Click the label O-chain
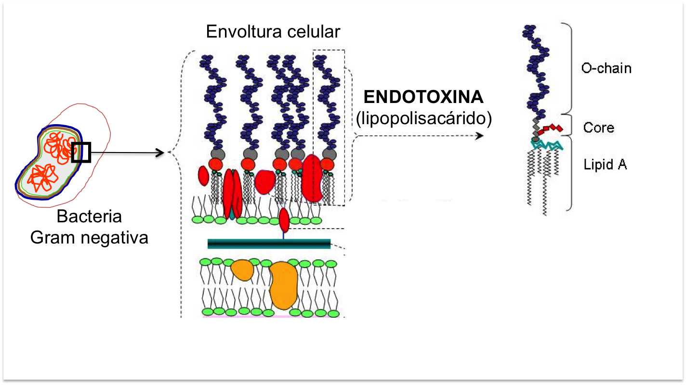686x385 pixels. click(x=606, y=68)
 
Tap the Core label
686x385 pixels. click(x=598, y=128)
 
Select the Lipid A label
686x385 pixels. click(x=605, y=165)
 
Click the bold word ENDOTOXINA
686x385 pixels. click(x=423, y=97)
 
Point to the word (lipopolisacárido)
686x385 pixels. click(x=423, y=118)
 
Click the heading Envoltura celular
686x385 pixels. click(x=273, y=32)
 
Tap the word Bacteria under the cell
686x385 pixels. click(x=89, y=216)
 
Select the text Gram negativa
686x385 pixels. click(x=89, y=237)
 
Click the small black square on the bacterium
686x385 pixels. click(x=81, y=153)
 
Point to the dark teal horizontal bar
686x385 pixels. click(x=269, y=244)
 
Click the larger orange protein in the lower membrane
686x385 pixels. click(x=284, y=285)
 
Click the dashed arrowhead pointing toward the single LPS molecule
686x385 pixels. click(x=480, y=136)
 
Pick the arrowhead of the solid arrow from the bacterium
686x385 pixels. click(x=162, y=153)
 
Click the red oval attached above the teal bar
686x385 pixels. click(x=284, y=219)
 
